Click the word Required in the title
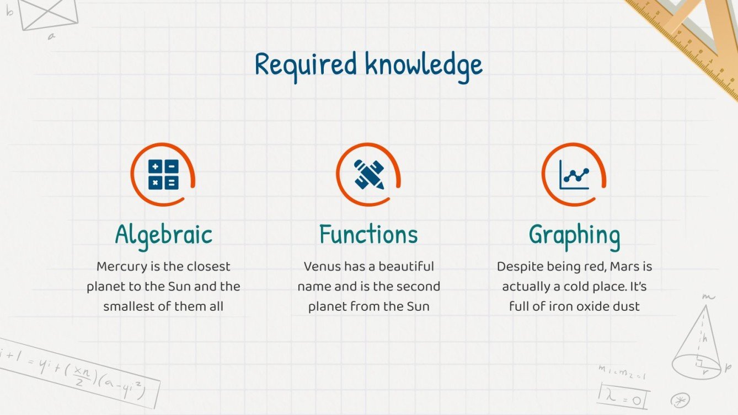click(x=306, y=65)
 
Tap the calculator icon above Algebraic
click(x=163, y=174)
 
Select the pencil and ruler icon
click(x=369, y=174)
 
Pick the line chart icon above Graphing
click(x=574, y=174)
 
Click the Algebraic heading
click(x=163, y=235)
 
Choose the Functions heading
click(x=368, y=235)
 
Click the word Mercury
click(x=122, y=267)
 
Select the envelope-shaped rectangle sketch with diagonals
click(x=49, y=14)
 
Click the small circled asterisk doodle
click(x=679, y=399)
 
